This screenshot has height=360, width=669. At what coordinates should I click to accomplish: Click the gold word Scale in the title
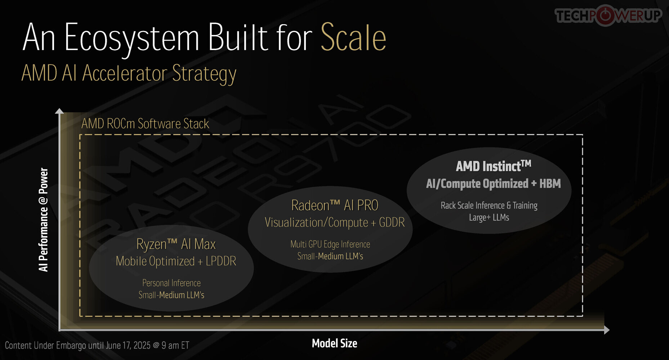tap(353, 37)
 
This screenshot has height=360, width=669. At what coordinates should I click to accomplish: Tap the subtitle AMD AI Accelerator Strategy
tap(129, 74)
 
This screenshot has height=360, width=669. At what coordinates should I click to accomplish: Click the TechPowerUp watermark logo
tap(608, 15)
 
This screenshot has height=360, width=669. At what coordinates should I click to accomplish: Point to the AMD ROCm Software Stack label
tap(145, 123)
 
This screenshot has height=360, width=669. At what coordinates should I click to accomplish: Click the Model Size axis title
tap(335, 343)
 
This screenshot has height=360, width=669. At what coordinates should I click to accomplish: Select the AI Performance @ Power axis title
tap(43, 220)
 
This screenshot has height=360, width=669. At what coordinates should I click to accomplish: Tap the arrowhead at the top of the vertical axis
tap(59, 111)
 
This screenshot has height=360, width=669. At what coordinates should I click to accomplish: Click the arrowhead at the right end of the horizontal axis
tap(607, 330)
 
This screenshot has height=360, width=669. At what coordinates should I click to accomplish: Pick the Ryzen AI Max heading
tap(176, 244)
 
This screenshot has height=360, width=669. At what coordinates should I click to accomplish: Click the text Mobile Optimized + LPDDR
tap(176, 261)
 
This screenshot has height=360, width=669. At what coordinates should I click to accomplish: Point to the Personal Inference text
tap(171, 283)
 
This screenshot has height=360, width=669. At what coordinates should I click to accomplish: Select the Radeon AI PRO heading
tap(335, 205)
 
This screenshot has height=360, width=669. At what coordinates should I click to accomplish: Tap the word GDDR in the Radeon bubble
tap(392, 222)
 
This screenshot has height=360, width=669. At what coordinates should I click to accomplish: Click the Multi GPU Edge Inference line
tap(330, 244)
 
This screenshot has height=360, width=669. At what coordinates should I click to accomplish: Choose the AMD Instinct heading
tap(494, 166)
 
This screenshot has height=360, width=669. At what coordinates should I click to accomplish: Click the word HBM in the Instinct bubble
tap(550, 184)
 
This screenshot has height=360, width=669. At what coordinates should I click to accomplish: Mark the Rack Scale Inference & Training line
tap(489, 206)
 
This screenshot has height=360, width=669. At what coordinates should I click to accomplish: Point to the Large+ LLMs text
tap(489, 217)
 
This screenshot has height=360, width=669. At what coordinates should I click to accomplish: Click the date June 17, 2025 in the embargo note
tap(128, 346)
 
